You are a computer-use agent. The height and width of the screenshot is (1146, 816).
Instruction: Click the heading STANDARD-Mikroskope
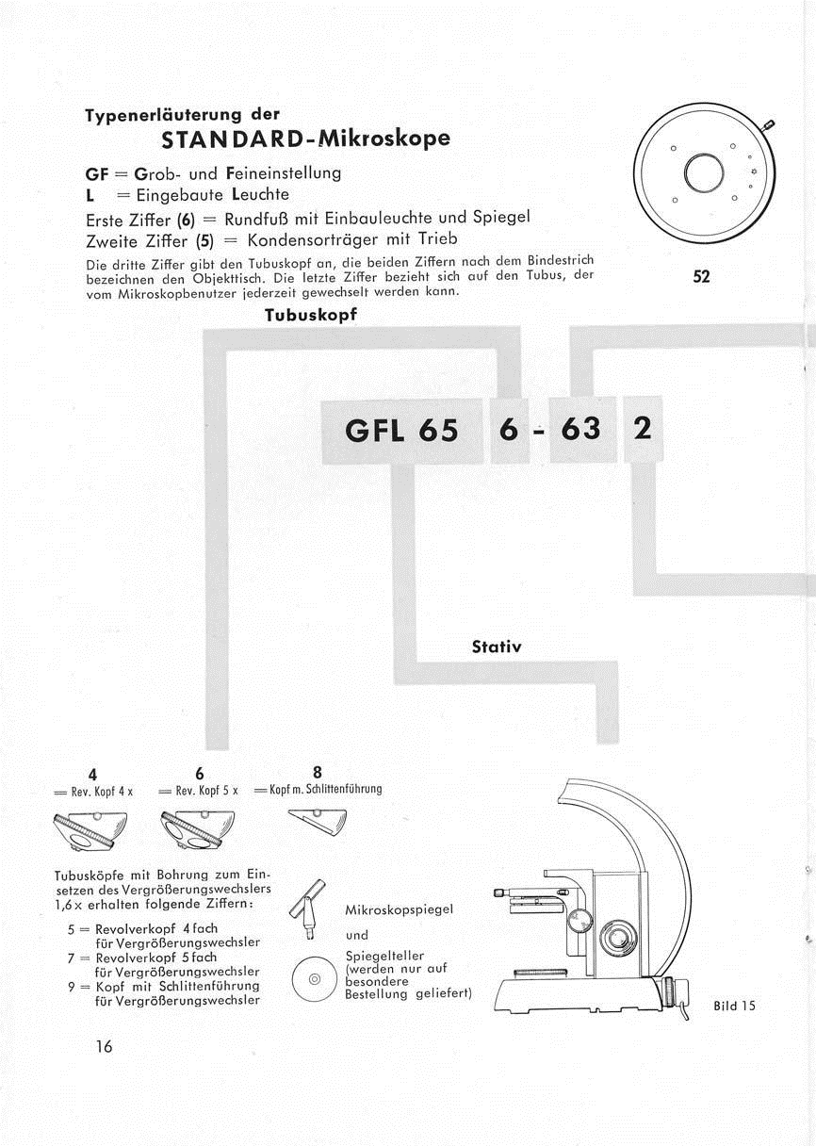tap(305, 139)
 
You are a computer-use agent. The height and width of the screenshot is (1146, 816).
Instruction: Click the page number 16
tap(103, 1046)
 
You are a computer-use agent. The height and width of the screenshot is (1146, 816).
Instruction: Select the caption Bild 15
tap(735, 1006)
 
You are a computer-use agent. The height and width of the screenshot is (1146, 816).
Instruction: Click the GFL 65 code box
tap(402, 430)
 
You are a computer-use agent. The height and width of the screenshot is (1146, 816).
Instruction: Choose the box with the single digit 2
tap(643, 428)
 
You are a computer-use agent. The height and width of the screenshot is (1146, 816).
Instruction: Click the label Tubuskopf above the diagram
tap(310, 315)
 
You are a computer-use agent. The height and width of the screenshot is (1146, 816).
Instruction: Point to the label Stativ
tap(496, 647)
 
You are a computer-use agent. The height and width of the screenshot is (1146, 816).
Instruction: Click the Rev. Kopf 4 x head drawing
tap(93, 831)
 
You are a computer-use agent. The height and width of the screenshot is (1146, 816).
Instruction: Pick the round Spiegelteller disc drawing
tap(315, 979)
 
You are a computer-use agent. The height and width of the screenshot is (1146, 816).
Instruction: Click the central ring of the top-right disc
tap(703, 172)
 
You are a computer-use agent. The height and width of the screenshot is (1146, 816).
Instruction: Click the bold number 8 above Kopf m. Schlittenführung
tap(317, 771)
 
